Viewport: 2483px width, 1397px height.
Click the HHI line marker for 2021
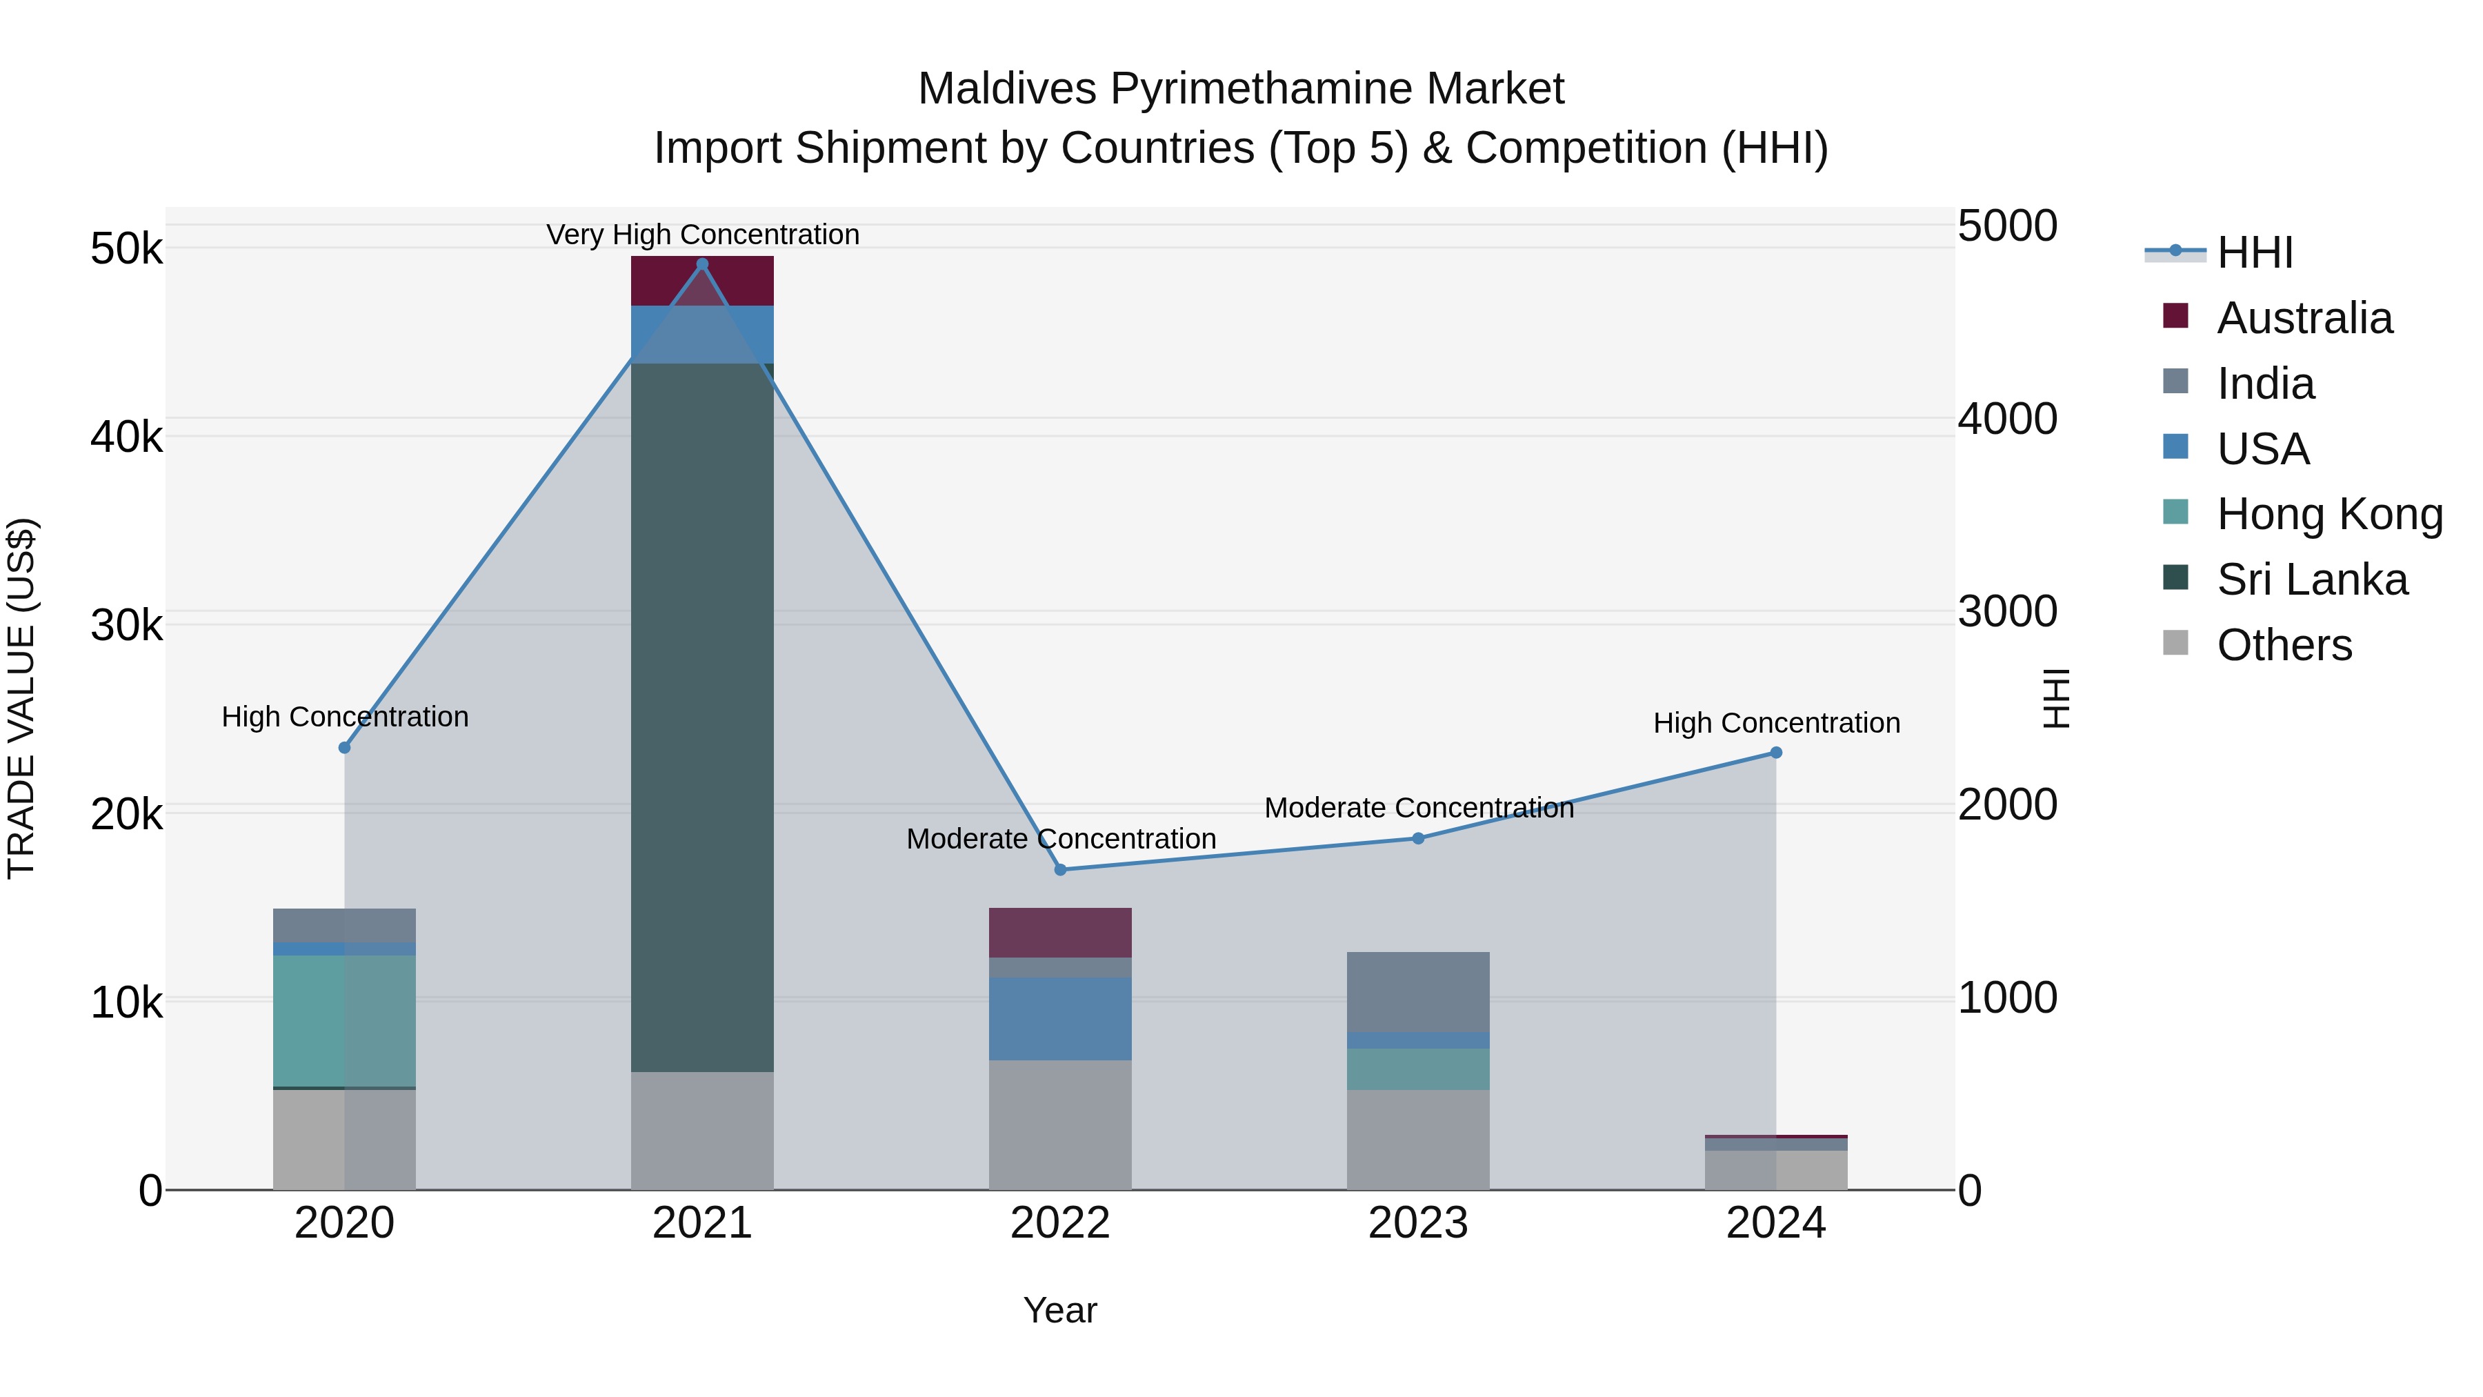pos(701,264)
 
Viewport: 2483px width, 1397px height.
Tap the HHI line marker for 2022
pos(1060,870)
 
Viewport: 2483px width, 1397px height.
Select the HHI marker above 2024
pos(1775,753)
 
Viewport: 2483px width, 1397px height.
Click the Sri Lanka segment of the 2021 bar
pos(701,717)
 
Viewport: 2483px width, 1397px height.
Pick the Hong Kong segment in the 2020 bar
pos(344,1021)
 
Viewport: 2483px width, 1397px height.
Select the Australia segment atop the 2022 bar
pos(1060,932)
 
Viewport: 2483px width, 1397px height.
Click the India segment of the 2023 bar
pos(1418,992)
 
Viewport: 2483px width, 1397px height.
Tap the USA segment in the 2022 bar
pos(1060,1019)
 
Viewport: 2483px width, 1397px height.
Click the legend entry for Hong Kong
pos(2329,514)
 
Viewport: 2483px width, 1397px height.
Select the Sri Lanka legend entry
pos(2311,579)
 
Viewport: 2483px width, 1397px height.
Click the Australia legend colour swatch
pos(2175,316)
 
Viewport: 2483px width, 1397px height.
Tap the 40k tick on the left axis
pos(126,437)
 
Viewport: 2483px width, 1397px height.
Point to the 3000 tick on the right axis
pos(2007,611)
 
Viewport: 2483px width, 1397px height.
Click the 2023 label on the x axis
pos(1418,1223)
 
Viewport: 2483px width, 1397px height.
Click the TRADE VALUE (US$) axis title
pos(22,698)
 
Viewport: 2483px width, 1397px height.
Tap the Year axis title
pos(1059,1310)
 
